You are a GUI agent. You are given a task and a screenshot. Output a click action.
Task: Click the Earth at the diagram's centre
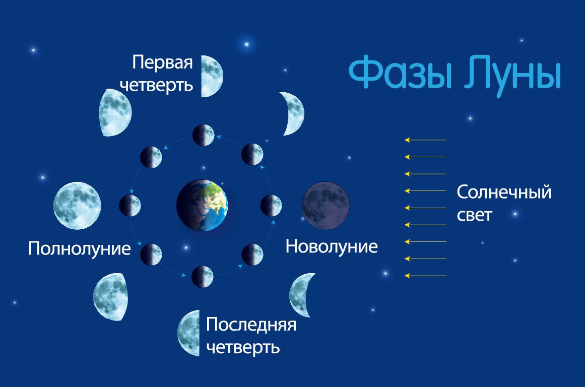point(202,205)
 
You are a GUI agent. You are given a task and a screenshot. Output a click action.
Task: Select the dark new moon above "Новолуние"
point(326,206)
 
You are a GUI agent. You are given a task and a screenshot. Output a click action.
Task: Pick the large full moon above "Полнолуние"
point(77,206)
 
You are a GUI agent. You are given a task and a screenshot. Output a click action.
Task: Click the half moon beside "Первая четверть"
point(212,77)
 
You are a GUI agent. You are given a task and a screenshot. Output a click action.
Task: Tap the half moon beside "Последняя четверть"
point(188,333)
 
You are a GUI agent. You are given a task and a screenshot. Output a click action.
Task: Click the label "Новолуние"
point(332,247)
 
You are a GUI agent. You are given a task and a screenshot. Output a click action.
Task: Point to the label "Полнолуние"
point(80,248)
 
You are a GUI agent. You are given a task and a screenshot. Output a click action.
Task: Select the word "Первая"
point(163,62)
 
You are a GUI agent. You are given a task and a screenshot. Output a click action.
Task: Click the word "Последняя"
point(251,325)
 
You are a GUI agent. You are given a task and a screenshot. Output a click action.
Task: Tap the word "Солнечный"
point(504,192)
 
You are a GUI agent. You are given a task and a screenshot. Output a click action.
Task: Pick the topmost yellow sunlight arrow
point(425,140)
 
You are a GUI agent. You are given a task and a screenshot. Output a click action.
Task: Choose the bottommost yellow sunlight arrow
point(425,276)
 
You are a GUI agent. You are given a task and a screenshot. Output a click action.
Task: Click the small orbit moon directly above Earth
point(204,135)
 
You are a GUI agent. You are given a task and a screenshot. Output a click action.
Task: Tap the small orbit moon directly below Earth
point(203,277)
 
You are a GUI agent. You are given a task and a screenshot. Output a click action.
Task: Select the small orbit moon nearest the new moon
point(271,206)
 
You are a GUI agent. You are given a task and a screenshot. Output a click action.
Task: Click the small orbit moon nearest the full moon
point(130,206)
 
